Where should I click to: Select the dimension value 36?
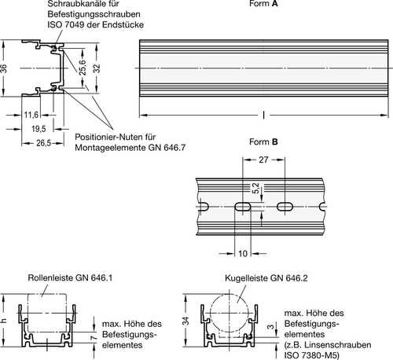4,69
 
